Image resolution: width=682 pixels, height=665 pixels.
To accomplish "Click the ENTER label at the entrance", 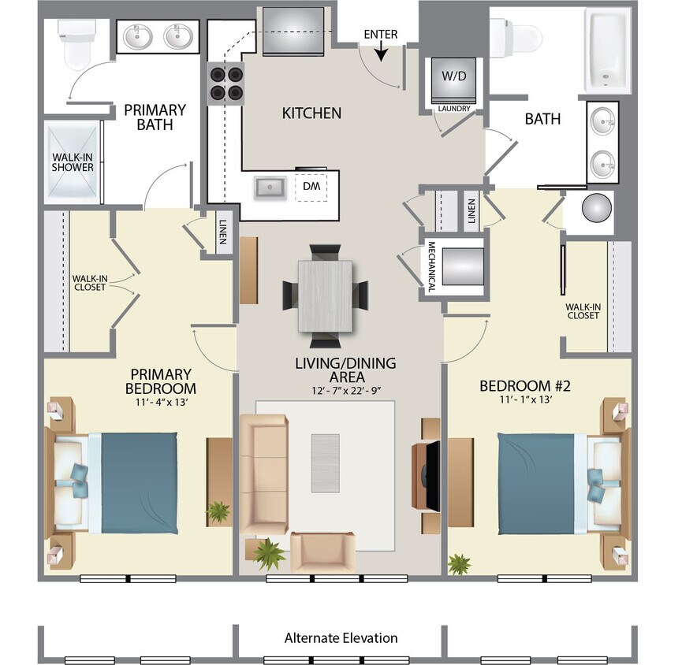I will [x=380, y=35].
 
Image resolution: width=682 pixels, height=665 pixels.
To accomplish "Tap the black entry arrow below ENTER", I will [x=380, y=53].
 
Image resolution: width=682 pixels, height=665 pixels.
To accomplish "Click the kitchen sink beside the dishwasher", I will [x=270, y=187].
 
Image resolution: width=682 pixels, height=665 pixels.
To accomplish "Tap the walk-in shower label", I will [x=73, y=162].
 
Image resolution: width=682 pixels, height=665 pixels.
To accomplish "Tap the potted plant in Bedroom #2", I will [x=458, y=563].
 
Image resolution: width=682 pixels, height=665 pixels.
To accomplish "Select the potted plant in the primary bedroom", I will [x=218, y=512].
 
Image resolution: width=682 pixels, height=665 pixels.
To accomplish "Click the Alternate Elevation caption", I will [x=341, y=637].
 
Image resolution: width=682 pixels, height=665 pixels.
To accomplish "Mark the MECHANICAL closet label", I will [x=431, y=267].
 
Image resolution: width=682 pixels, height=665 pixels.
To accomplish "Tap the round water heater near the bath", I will [x=597, y=209].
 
